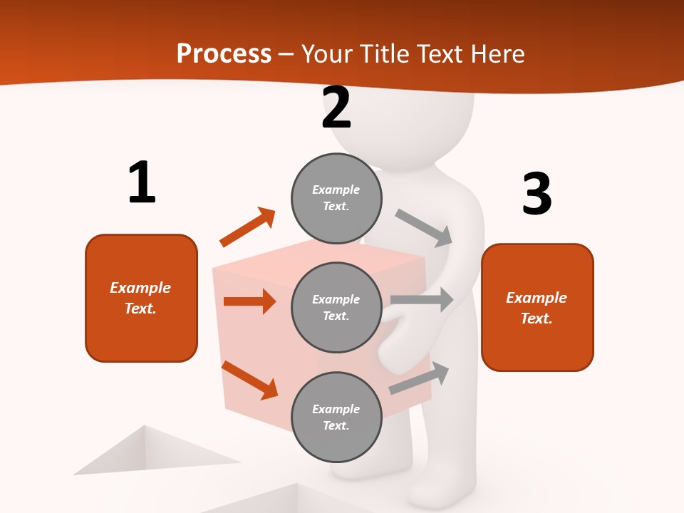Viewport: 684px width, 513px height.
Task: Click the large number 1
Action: [142, 182]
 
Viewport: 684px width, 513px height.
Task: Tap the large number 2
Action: [336, 108]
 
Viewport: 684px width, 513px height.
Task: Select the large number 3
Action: [537, 194]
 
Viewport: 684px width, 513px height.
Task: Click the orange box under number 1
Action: [141, 298]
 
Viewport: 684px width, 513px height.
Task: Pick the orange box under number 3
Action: [537, 307]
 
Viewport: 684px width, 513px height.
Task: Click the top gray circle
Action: [336, 198]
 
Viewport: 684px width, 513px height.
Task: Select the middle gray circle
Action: [336, 307]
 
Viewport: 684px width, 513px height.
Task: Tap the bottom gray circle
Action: [336, 417]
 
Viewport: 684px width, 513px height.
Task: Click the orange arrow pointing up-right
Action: [248, 227]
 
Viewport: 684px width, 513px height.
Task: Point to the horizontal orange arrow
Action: [249, 301]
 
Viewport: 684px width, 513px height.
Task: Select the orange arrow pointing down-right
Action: [249, 379]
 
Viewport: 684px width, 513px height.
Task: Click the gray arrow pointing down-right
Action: [424, 227]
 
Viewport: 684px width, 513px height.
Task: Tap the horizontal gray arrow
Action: [422, 299]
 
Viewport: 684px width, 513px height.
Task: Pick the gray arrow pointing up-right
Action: [419, 378]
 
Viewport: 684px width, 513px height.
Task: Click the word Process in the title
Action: [224, 53]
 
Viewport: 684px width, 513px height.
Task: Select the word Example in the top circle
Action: [336, 190]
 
